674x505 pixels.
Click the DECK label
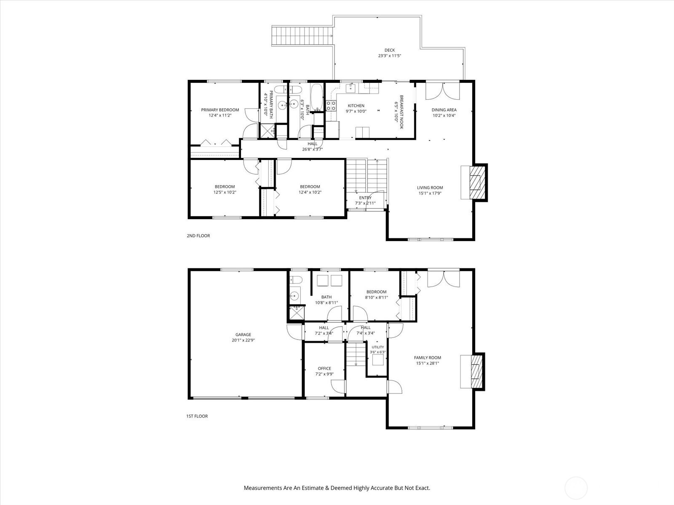pyautogui.click(x=390, y=50)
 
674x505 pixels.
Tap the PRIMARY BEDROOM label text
pyautogui.click(x=220, y=110)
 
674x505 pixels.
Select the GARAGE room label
pyautogui.click(x=243, y=335)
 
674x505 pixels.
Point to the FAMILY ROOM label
pyautogui.click(x=428, y=358)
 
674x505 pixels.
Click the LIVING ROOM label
pyautogui.click(x=430, y=188)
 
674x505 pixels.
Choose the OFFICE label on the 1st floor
pyautogui.click(x=324, y=369)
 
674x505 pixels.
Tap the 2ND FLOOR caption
pyautogui.click(x=198, y=236)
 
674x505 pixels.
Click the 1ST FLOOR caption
pyautogui.click(x=197, y=416)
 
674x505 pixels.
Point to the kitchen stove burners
pyautogui.click(x=331, y=106)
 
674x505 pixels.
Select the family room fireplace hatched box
pyautogui.click(x=477, y=372)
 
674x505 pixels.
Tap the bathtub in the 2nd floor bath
pyautogui.click(x=317, y=97)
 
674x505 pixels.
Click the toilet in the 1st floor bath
pyautogui.click(x=296, y=279)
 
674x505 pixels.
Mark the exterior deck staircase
pyautogui.click(x=302, y=36)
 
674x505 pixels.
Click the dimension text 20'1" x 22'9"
pyautogui.click(x=243, y=340)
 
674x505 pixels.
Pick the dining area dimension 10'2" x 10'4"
pyautogui.click(x=444, y=116)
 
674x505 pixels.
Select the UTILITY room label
pyautogui.click(x=378, y=347)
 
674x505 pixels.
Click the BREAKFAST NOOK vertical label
pyautogui.click(x=401, y=112)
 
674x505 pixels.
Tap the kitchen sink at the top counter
pyautogui.click(x=350, y=88)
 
